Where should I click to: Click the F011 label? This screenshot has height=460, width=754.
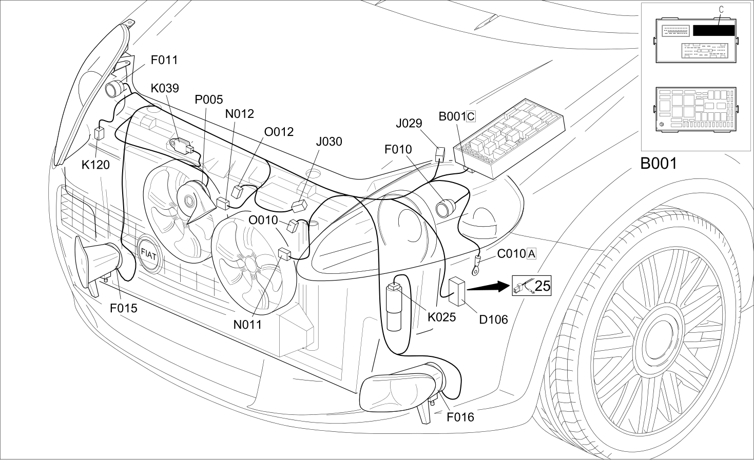point(164,60)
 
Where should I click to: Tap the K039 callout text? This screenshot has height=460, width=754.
point(165,88)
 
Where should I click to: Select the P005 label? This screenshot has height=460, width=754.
point(209,100)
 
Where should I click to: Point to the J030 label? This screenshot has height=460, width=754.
point(329,142)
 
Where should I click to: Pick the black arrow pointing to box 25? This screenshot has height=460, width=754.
point(489,287)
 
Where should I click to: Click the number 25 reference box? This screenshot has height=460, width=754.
point(532,286)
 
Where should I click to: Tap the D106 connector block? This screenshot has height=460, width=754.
point(457,291)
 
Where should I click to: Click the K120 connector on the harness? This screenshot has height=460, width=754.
point(99,133)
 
